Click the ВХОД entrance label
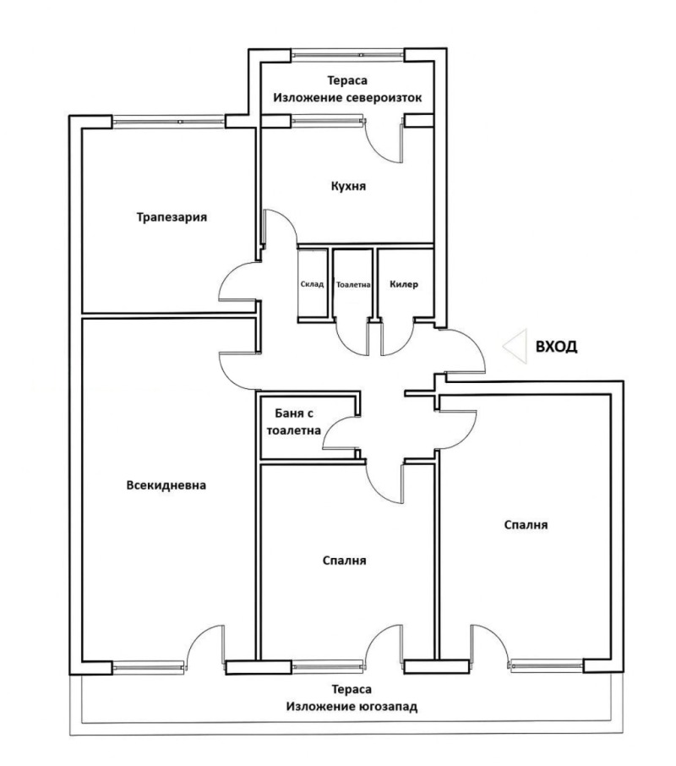coord(556,347)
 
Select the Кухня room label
coord(348,186)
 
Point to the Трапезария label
coord(172,217)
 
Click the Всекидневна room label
coord(166,485)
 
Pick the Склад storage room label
coord(312,284)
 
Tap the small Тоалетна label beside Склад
coord(353,284)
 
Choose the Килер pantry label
coord(404,284)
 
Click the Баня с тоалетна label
coord(294,422)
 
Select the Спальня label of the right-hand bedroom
coord(526,525)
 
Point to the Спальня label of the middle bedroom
coord(344,561)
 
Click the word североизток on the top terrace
coord(384,98)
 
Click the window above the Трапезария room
coord(169,121)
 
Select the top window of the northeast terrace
coord(348,55)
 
